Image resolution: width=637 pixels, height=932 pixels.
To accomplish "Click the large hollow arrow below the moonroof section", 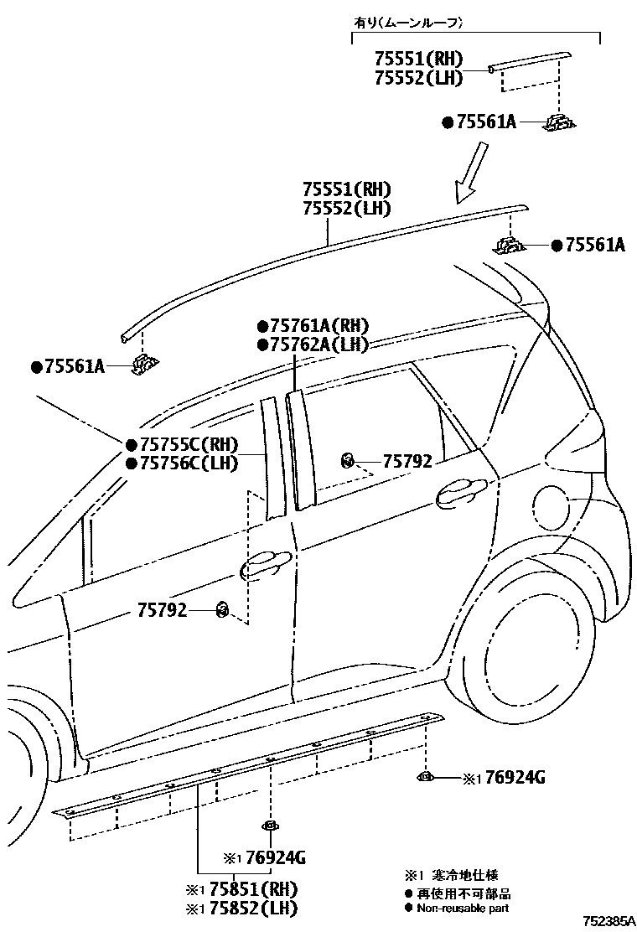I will [469, 173].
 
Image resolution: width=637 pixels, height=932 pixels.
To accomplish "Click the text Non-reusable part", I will [463, 908].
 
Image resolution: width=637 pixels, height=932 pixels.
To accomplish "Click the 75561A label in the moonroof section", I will [484, 122].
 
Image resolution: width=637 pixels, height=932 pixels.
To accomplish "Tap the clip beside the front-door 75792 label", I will [223, 610].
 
